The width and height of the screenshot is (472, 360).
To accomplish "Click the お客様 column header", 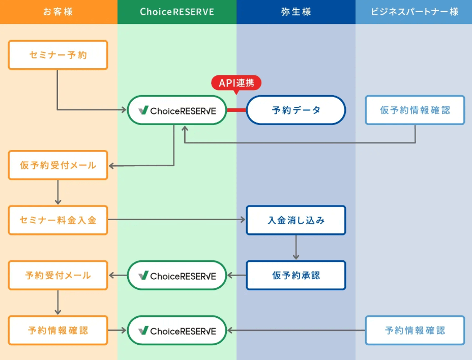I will pos(58,12).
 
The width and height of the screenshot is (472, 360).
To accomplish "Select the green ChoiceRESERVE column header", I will pos(176,12).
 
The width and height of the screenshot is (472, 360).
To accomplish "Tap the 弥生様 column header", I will pos(296,12).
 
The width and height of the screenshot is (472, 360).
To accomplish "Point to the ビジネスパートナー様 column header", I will pos(414,12).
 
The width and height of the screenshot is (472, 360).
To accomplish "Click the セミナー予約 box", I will pos(58,55).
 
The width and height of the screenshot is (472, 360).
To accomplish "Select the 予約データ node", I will pos(296,110).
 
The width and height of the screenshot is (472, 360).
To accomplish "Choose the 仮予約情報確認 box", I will pos(415,110).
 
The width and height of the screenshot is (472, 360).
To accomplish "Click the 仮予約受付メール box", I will pos(58,165).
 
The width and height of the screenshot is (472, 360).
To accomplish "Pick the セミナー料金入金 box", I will pos(58,220).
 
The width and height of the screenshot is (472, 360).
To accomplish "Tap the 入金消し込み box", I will pos(296,220).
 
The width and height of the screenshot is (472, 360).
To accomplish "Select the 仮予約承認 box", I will pos(296,275).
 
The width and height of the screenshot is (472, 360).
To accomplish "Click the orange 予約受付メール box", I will pos(58,275).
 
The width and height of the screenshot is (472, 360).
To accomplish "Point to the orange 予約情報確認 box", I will pos(58,331).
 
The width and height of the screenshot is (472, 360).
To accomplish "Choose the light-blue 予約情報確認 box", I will pos(415,331).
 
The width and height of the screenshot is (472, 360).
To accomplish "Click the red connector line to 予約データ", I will pos(237,110).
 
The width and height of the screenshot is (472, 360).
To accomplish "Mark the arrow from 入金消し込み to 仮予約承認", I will pos(296,248).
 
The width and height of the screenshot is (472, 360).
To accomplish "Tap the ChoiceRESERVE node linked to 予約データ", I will pos(176,110).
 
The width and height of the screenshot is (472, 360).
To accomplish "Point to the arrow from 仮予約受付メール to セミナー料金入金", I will pos(58,193).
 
